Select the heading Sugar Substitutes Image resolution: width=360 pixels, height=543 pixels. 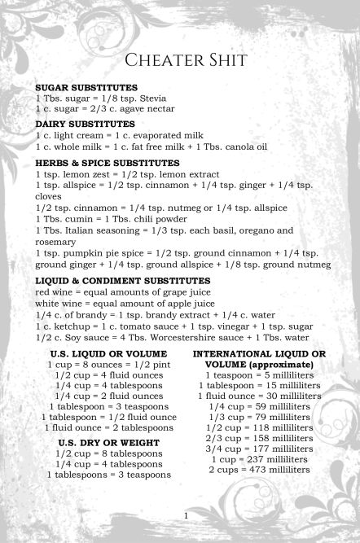[x=86, y=87]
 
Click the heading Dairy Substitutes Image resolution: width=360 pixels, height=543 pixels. [x=85, y=124]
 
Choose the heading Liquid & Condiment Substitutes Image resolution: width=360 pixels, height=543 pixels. [x=123, y=281]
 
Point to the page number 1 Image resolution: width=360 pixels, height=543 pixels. [x=186, y=516]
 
